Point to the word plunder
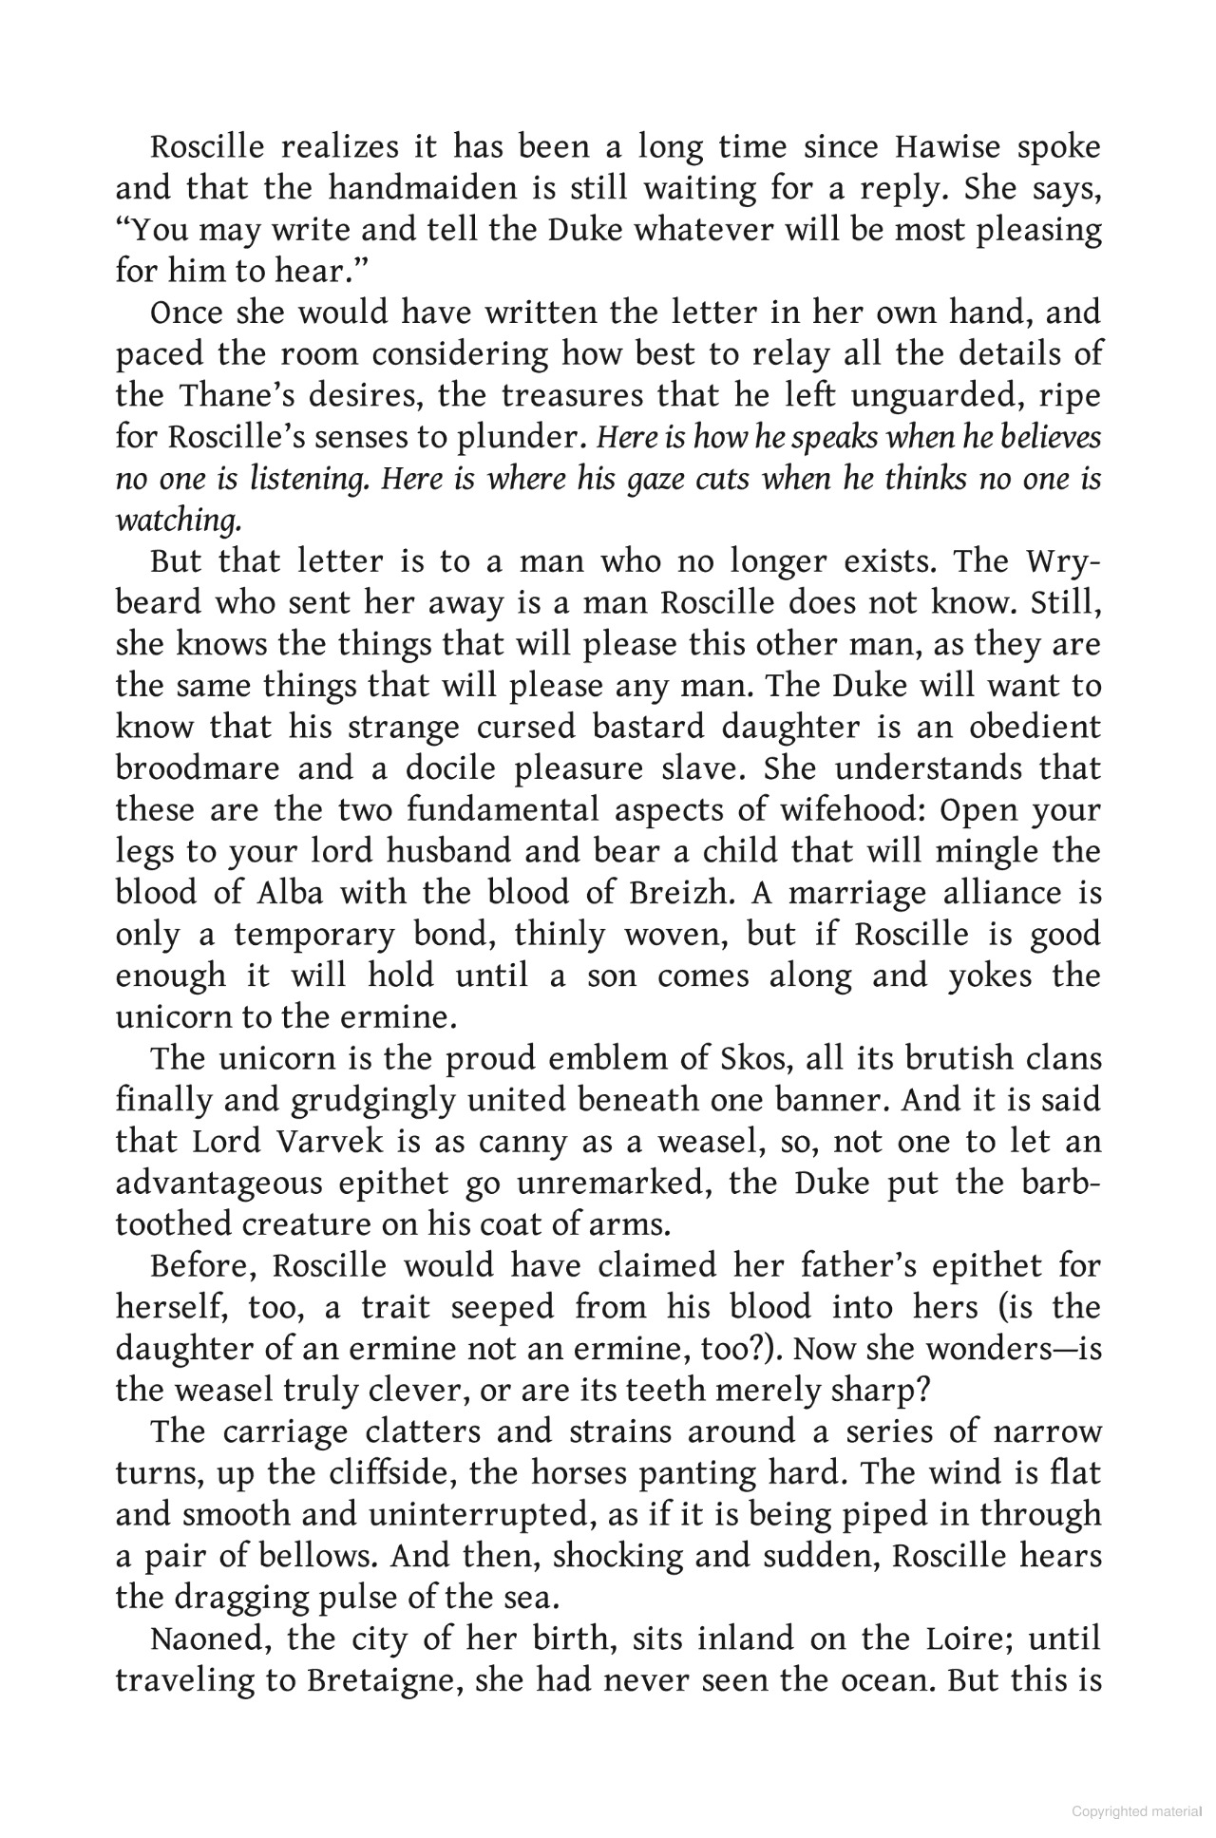tap(521, 438)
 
